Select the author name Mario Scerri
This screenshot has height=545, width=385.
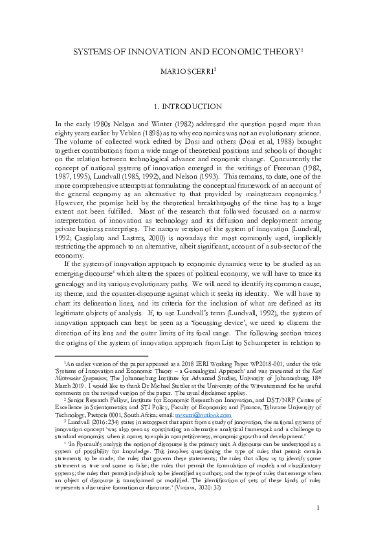click(x=192, y=69)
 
